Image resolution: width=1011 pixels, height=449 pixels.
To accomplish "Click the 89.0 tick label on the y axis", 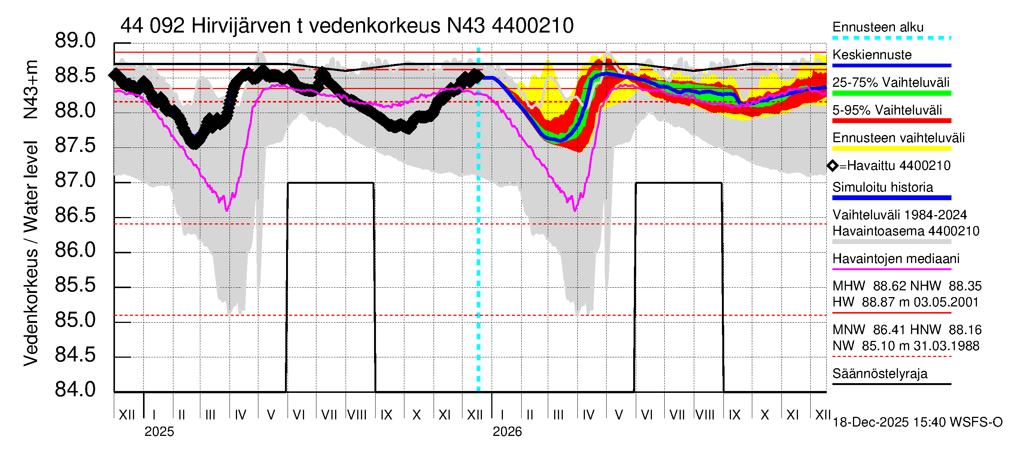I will coord(75,41).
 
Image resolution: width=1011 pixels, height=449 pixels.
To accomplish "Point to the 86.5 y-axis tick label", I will coord(75,215).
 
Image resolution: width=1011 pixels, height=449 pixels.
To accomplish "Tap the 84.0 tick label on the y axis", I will coord(75,390).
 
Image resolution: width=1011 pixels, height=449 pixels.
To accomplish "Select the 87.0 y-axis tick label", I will coord(75,180).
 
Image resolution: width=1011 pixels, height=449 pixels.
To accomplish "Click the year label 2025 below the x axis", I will coord(159,432).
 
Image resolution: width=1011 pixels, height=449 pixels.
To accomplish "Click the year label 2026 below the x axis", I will coord(507,432).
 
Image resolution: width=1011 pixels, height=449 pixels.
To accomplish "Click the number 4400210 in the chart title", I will coord(532,26).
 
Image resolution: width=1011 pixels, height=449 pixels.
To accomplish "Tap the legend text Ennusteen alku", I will coord(878,27).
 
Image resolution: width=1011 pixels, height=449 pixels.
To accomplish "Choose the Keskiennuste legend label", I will coord(872,55).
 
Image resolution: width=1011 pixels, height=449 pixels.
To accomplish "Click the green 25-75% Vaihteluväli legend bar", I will coord(891,93).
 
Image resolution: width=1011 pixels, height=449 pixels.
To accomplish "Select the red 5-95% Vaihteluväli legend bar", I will coord(891,121).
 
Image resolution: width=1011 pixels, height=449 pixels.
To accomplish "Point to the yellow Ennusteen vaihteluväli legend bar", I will coord(891,149).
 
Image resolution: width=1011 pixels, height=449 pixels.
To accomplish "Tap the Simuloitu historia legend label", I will coord(882,187).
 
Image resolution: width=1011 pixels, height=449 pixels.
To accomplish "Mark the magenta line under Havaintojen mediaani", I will coord(891,269).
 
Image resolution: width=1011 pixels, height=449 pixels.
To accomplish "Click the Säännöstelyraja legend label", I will coord(880,374).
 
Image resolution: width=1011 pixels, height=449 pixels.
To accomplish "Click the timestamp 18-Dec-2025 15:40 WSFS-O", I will coord(917,422).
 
